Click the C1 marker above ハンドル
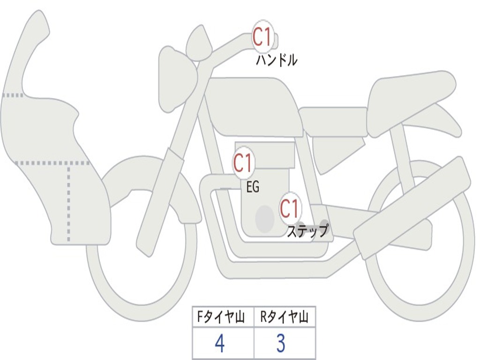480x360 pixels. [263, 37]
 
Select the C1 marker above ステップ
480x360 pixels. [290, 208]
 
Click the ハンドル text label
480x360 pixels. [277, 60]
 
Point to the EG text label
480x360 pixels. [253, 187]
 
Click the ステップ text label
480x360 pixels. [307, 231]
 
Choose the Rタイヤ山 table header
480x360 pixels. [285, 318]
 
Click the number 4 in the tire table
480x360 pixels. [219, 344]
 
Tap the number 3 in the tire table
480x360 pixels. [281, 344]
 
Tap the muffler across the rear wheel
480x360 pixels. [412, 206]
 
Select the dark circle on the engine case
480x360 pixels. [264, 218]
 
